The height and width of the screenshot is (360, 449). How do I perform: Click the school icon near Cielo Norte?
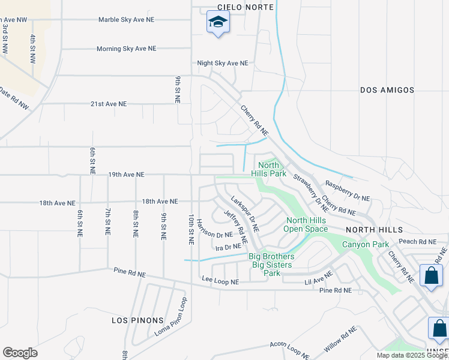(218, 23)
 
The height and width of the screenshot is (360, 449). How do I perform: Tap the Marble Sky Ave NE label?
(126, 20)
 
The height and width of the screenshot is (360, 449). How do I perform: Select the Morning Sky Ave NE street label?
(126, 49)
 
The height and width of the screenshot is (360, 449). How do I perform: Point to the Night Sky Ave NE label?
(223, 63)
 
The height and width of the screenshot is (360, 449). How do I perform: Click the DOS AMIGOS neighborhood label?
(387, 90)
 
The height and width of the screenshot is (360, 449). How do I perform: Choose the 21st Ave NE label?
(109, 104)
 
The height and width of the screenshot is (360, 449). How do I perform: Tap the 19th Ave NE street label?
(126, 175)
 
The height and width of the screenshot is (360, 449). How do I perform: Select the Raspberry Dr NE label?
(348, 191)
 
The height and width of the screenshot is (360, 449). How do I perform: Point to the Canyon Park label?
(366, 244)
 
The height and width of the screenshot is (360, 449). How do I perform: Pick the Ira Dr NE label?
(228, 247)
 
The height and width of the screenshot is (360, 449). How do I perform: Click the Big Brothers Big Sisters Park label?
(271, 265)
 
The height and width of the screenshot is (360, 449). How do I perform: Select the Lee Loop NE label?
(220, 281)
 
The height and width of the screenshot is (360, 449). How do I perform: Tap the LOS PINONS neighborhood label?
(134, 320)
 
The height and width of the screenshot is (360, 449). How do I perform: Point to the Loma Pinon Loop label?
(171, 317)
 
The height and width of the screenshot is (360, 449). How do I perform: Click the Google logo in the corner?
(20, 353)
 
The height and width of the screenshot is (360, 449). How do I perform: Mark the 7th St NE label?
(107, 222)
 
